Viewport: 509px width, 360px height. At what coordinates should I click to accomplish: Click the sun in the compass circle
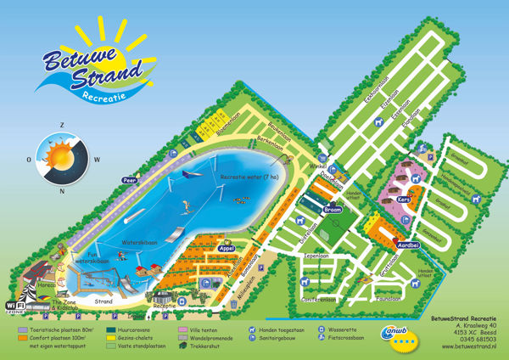(x=61, y=157)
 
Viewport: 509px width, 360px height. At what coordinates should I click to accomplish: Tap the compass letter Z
(x=62, y=126)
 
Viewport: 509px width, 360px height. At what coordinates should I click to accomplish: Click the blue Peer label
(x=130, y=180)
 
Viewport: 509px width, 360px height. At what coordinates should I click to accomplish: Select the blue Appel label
(x=227, y=248)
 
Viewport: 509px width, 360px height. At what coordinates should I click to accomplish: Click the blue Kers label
(x=404, y=200)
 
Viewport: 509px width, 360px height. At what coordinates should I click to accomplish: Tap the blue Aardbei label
(x=409, y=244)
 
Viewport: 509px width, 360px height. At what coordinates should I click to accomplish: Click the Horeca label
(x=42, y=286)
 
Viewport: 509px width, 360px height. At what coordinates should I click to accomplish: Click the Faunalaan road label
(x=387, y=299)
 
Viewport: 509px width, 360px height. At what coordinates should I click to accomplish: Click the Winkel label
(x=316, y=166)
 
